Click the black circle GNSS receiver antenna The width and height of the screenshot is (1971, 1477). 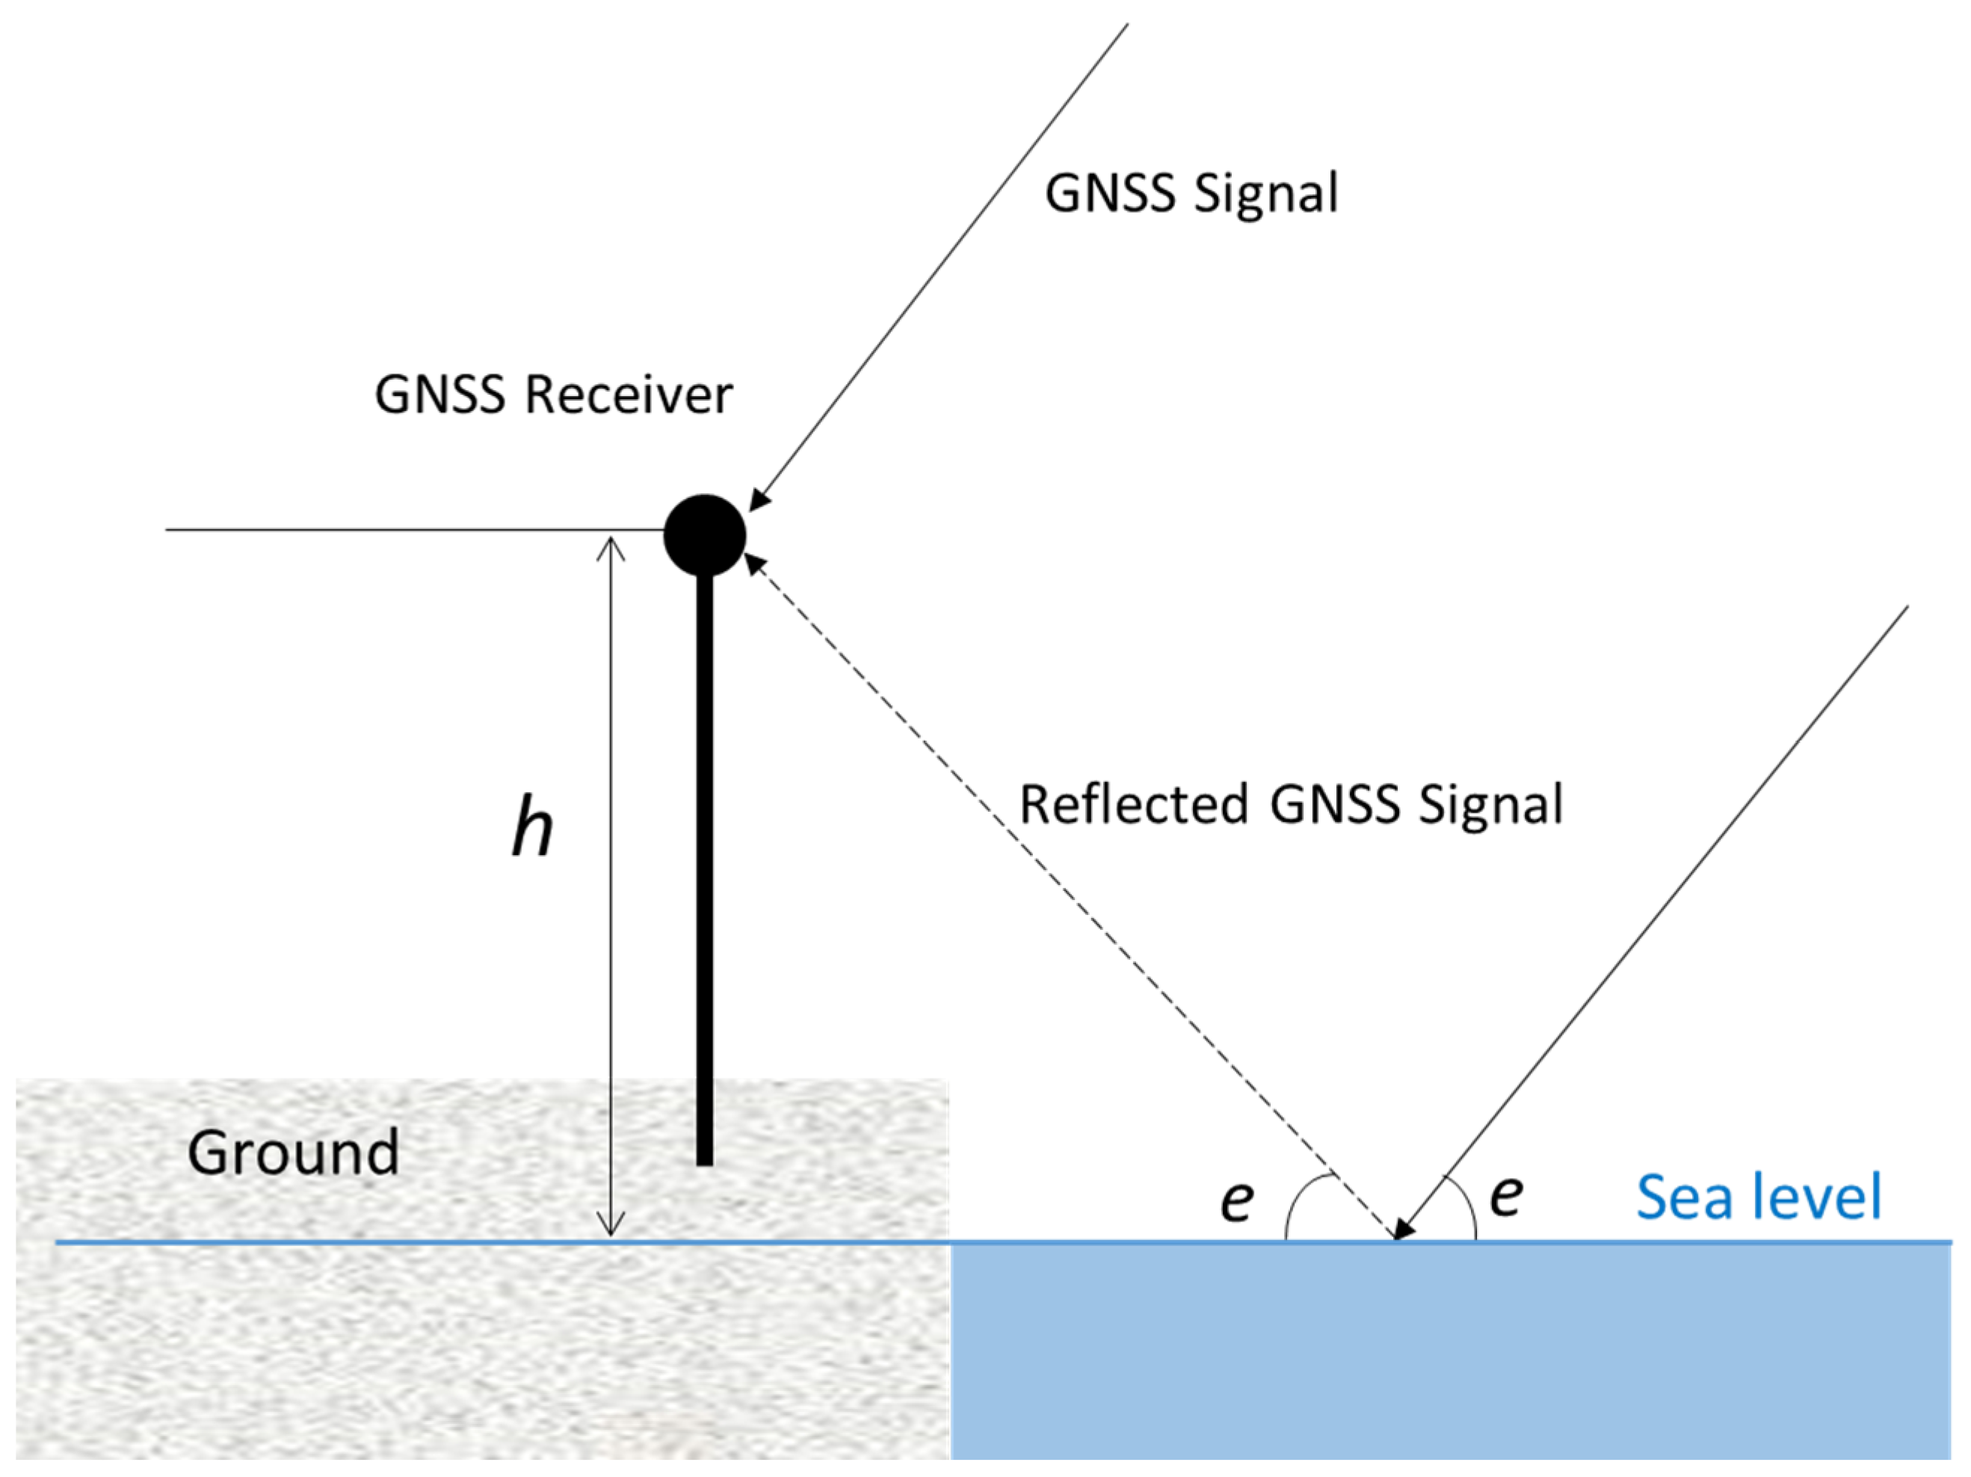[704, 534]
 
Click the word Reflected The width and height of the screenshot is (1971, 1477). [1132, 804]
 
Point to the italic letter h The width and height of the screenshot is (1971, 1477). [533, 827]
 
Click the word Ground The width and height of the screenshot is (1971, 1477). [293, 1153]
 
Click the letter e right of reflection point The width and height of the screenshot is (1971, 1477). [1506, 1194]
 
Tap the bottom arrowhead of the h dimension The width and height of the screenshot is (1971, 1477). [611, 1226]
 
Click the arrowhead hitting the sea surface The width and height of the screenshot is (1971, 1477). [1404, 1230]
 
